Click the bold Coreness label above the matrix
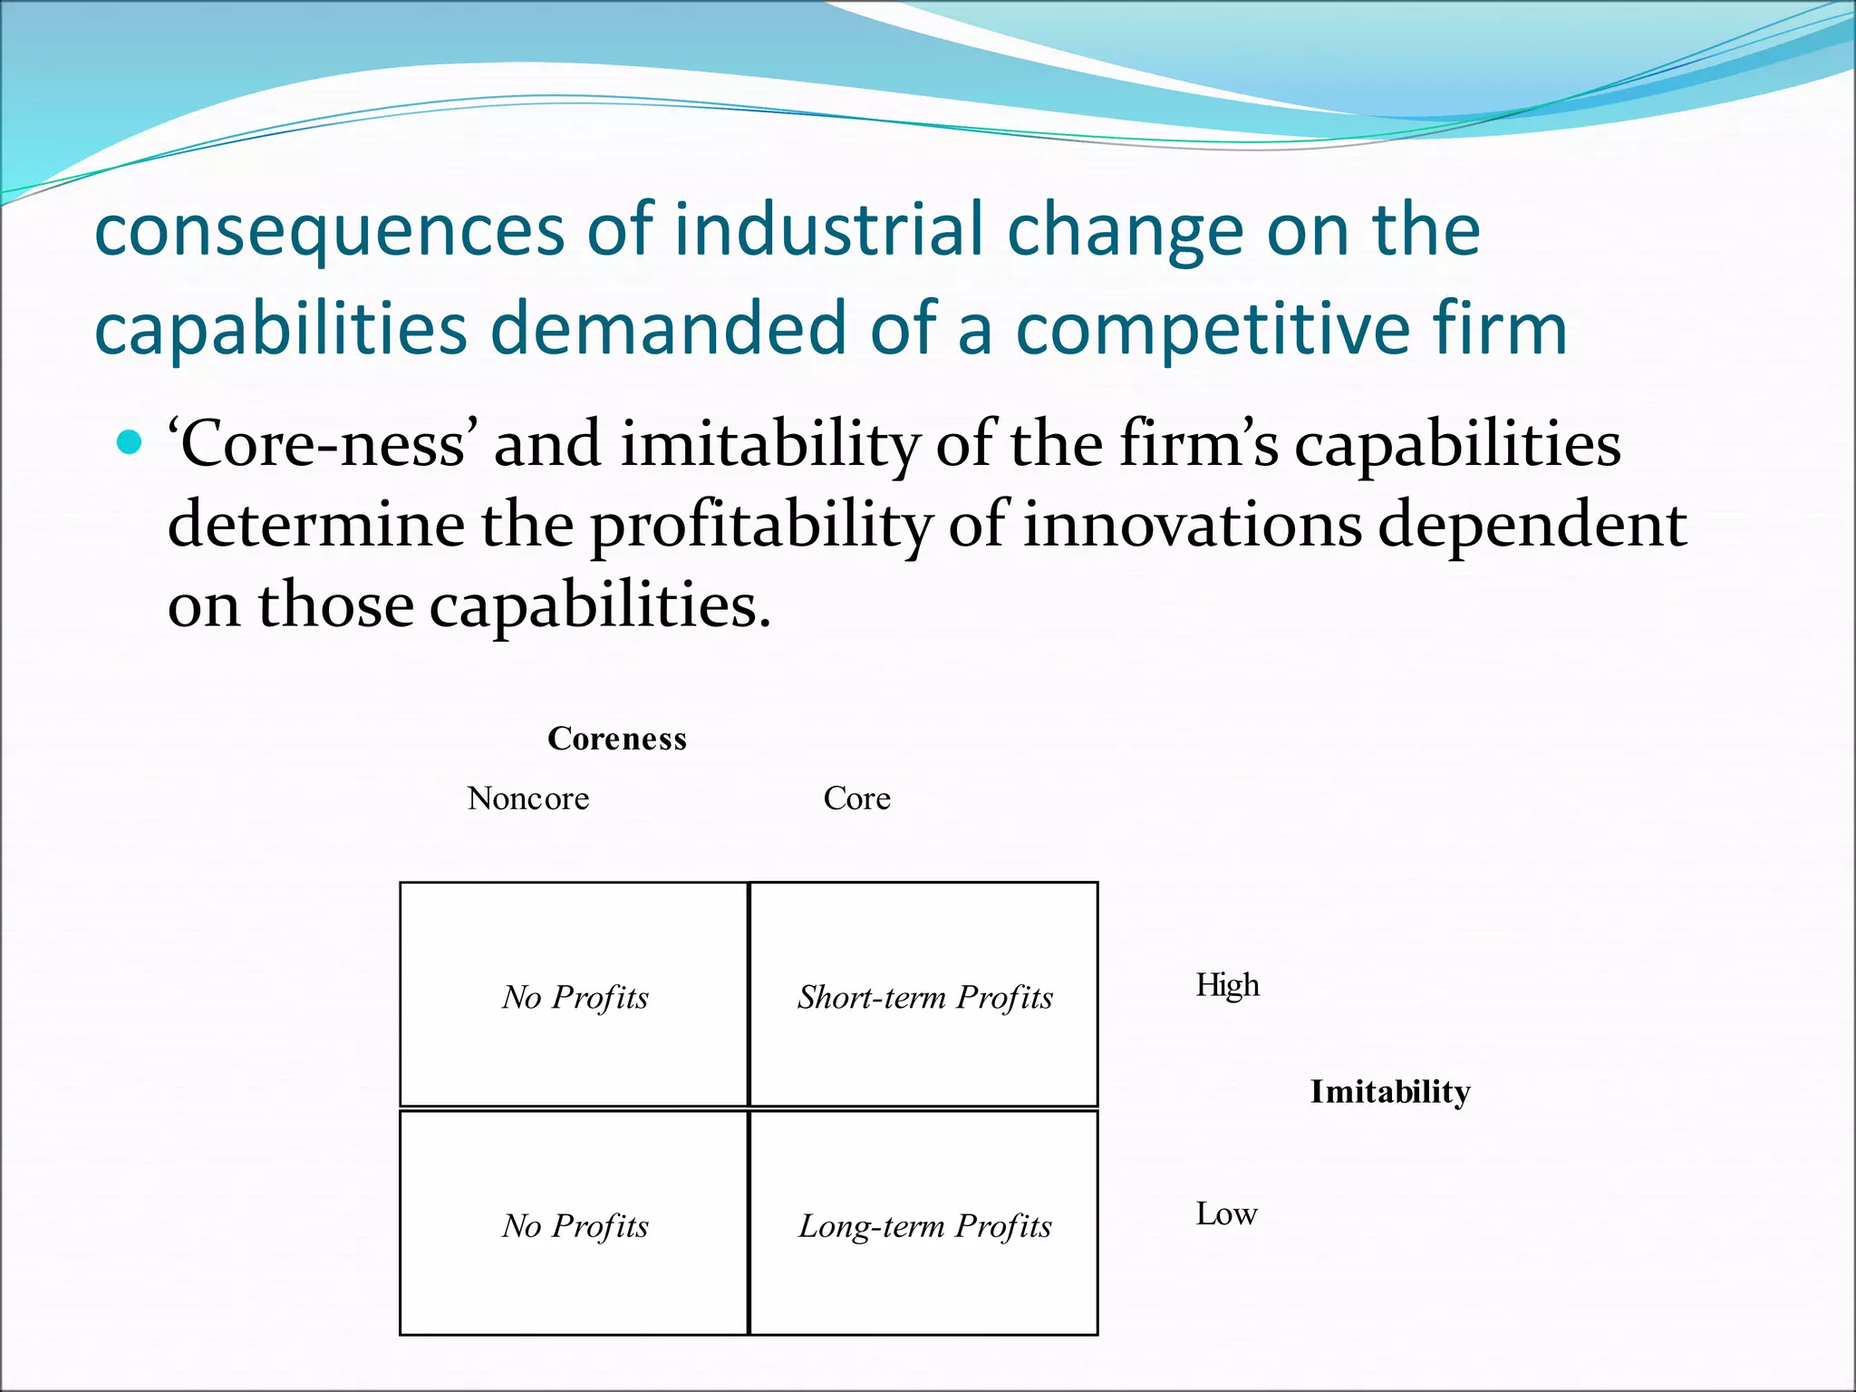click(617, 739)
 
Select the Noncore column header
click(528, 798)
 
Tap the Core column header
click(856, 798)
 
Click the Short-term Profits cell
click(924, 997)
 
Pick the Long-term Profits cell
click(924, 1225)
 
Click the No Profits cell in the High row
click(575, 997)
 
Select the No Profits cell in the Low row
click(575, 1225)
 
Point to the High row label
click(1227, 985)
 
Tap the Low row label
click(1226, 1213)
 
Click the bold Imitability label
click(1390, 1092)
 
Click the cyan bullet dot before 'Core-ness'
click(130, 442)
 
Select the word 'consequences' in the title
click(329, 230)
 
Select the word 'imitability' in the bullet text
click(770, 446)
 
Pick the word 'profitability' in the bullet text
click(761, 526)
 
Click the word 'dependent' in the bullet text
click(1532, 526)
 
